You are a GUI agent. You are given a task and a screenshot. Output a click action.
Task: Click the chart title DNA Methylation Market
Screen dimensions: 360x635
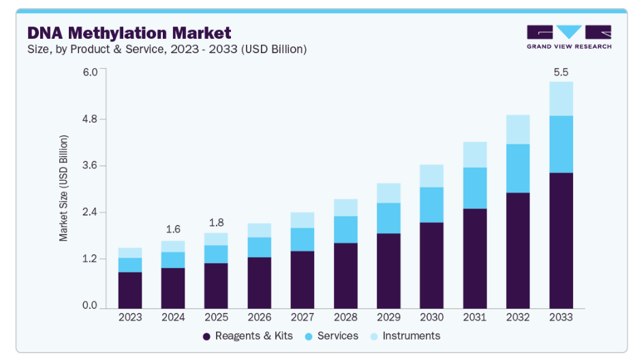click(x=129, y=33)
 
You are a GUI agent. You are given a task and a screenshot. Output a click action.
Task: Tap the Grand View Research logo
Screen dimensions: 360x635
click(x=569, y=37)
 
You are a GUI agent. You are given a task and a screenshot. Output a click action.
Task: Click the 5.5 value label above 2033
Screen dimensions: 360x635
click(x=561, y=72)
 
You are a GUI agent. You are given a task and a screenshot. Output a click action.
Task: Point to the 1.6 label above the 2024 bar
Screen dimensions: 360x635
click(x=173, y=229)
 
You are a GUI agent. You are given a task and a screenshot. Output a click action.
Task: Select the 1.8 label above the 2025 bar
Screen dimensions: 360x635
click(x=216, y=222)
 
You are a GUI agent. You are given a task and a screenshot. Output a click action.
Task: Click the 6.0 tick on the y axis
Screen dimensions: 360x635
click(x=90, y=72)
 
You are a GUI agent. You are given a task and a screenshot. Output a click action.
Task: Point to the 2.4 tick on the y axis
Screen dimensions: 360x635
click(x=90, y=212)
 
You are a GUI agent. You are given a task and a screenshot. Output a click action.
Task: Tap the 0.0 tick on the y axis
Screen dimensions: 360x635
click(x=90, y=306)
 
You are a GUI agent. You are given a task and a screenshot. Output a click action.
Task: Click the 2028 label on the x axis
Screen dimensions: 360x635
click(x=345, y=318)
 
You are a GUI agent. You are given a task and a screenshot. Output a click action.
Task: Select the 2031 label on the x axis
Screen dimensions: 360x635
click(x=475, y=318)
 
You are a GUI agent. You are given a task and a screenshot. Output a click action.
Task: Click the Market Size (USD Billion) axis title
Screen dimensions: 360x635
click(x=63, y=188)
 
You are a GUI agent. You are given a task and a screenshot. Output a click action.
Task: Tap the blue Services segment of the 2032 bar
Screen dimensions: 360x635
click(x=518, y=168)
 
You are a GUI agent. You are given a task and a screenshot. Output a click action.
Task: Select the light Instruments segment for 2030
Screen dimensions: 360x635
click(x=431, y=175)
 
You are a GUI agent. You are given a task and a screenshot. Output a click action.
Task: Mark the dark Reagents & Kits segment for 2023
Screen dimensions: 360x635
click(x=129, y=290)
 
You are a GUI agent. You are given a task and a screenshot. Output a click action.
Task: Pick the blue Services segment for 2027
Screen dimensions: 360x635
click(x=302, y=239)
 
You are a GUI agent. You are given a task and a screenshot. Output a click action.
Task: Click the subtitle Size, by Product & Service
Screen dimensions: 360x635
click(x=167, y=49)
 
